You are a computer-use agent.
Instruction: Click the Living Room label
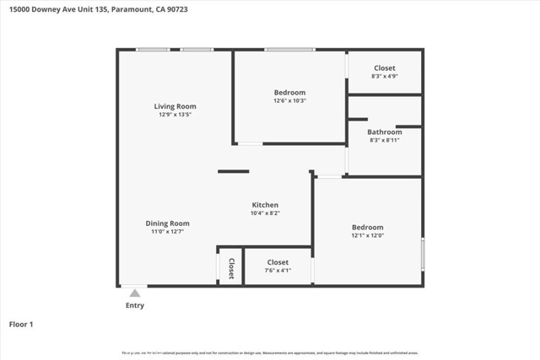175,106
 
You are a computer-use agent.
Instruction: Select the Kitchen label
265,205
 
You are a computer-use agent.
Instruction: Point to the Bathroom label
384,132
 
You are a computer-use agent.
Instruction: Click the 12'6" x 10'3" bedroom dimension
289,101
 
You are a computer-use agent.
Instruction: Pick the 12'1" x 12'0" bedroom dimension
367,236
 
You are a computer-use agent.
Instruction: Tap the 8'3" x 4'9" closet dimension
384,77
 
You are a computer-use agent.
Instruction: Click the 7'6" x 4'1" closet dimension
278,271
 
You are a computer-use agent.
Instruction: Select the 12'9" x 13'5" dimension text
175,115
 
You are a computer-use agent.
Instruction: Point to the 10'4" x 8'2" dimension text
265,213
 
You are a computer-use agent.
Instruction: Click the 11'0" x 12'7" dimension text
167,232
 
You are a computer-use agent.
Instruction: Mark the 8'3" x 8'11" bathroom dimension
384,140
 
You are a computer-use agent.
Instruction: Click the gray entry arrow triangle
134,293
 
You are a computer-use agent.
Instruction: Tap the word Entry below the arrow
135,305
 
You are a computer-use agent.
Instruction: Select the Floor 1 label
21,324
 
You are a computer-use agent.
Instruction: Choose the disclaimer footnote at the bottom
270,352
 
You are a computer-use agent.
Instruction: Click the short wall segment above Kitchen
234,171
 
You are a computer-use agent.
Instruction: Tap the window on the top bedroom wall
289,50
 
